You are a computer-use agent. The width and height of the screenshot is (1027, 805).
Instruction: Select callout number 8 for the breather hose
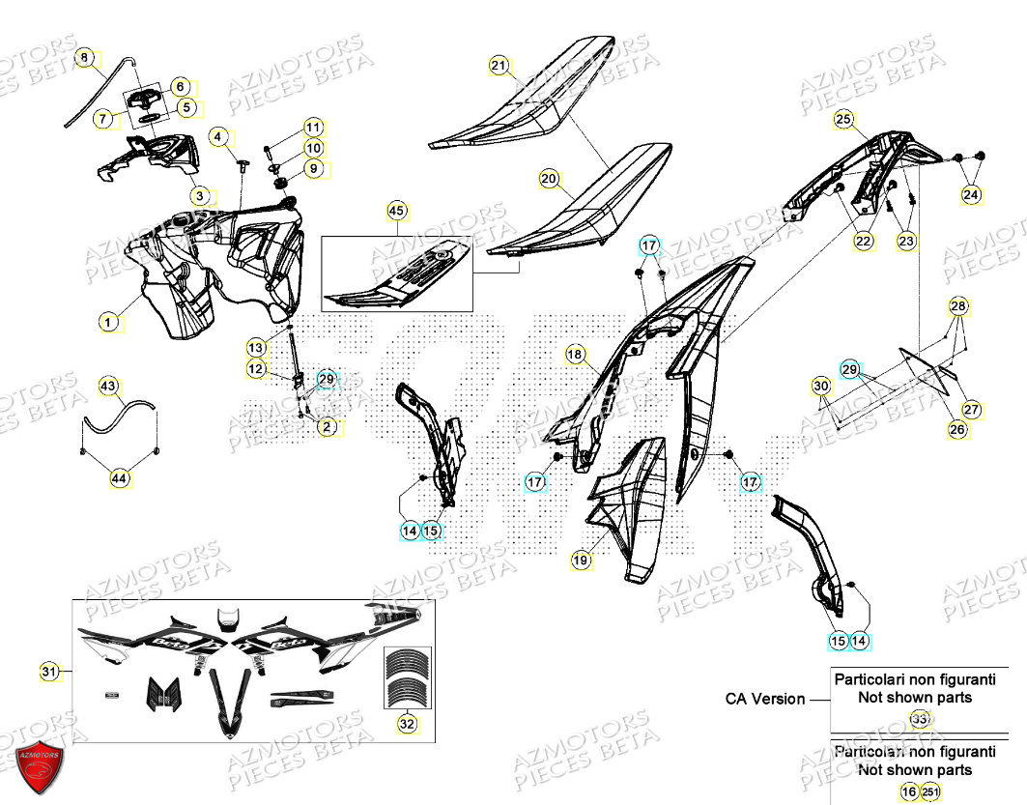[85, 59]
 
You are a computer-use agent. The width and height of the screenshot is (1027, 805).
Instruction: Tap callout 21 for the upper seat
[499, 67]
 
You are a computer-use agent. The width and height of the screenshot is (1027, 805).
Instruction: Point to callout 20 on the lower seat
[549, 179]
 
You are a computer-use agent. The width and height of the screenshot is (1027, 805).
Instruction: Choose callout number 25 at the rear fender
[843, 120]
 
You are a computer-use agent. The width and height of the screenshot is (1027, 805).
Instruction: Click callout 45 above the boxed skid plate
[396, 210]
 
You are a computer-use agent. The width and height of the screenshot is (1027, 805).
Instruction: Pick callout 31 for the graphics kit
[49, 671]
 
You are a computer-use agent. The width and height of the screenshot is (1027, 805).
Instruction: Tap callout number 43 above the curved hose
[109, 387]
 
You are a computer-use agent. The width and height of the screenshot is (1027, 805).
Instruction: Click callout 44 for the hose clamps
[119, 477]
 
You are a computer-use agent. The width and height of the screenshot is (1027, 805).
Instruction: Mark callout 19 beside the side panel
[580, 560]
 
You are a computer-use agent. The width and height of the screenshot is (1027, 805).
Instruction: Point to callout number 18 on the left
[576, 357]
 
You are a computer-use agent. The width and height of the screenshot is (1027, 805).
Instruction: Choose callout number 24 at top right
[970, 195]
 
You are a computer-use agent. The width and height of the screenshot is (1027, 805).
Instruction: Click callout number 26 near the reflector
[956, 429]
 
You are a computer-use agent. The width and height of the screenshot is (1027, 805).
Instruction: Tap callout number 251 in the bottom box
[929, 791]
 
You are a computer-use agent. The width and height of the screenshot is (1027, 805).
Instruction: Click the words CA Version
[765, 699]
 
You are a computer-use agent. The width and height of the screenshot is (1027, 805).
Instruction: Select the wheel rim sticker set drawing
[407, 677]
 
